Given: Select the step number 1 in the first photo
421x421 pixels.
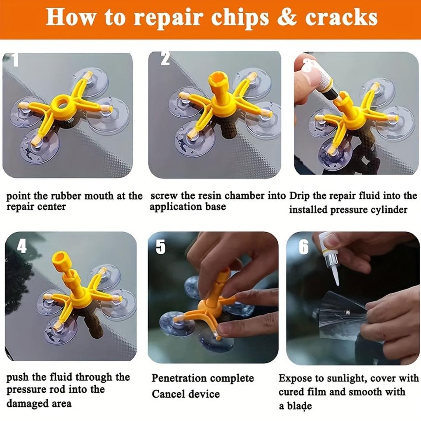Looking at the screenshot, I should [x=15, y=60].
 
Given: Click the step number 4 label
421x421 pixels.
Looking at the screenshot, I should [x=22, y=246].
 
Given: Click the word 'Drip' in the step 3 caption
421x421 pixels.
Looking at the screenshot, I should [x=299, y=196].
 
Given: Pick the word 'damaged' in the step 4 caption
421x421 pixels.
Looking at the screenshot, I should [x=26, y=403].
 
